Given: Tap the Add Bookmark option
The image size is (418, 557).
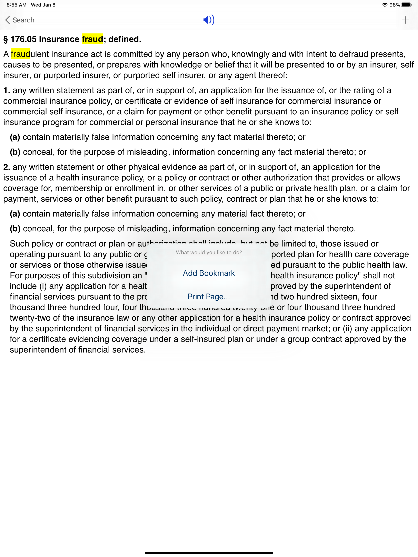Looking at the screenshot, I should (209, 273).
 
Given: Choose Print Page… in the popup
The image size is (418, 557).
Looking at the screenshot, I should (209, 297).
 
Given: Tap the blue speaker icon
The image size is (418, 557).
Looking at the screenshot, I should (209, 20).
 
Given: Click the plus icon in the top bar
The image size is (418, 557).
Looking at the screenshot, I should (405, 20).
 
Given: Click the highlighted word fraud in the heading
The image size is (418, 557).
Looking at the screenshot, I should (92, 39).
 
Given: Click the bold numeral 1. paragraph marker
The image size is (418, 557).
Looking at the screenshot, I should (7, 90).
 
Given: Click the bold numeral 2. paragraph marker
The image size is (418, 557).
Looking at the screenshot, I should (7, 167).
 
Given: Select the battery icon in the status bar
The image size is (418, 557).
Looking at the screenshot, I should (406, 5).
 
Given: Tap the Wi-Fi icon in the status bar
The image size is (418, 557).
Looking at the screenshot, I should (385, 5).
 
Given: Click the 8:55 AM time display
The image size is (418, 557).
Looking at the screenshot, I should (16, 5).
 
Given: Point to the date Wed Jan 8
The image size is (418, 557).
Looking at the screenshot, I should (43, 5).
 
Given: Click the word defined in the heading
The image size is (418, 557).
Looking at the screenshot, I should (125, 39).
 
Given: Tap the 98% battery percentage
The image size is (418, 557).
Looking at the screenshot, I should (395, 5).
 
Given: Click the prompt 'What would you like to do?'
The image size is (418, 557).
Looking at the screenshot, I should (209, 253).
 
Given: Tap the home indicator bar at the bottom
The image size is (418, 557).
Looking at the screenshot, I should (209, 553).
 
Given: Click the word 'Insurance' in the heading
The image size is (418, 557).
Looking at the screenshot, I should (59, 39).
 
